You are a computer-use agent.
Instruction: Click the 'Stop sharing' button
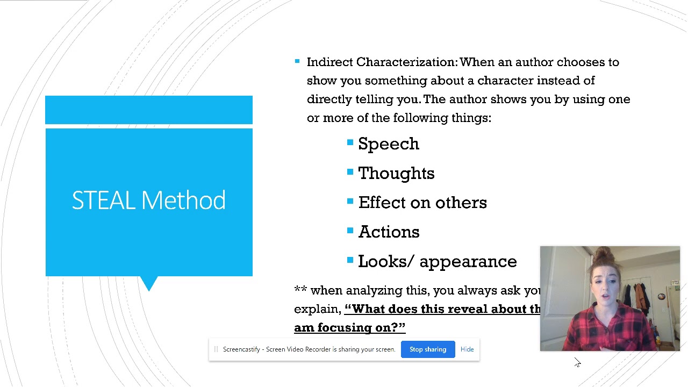click(x=428, y=349)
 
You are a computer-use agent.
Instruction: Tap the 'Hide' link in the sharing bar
click(x=467, y=349)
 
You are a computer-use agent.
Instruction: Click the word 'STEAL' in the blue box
click(x=103, y=200)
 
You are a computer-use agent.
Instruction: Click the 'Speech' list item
click(x=388, y=144)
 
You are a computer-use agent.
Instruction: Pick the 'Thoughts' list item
click(x=396, y=174)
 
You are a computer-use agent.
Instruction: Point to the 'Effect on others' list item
click(x=422, y=203)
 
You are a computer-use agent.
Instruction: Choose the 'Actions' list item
click(x=389, y=232)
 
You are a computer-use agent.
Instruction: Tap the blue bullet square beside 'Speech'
click(x=350, y=142)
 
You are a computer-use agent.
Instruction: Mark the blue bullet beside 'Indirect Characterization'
click(x=297, y=62)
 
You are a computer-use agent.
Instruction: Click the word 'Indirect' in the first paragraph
click(x=329, y=62)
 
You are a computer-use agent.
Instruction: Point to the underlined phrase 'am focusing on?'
click(x=349, y=328)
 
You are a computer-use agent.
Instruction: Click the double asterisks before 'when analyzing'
click(x=300, y=291)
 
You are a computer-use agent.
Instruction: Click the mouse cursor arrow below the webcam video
click(x=577, y=363)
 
